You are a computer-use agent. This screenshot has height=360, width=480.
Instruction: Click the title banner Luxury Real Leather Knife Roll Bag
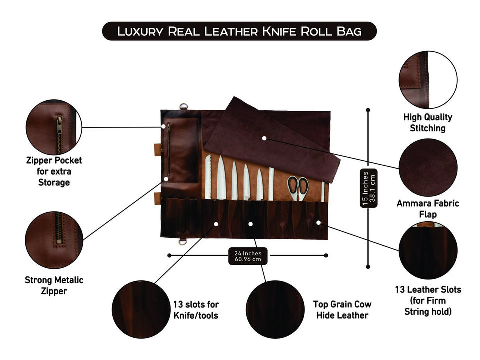click(x=239, y=31)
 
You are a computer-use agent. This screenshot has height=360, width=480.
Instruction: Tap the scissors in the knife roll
click(x=298, y=187)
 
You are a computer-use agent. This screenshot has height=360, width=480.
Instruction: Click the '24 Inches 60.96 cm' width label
click(x=248, y=256)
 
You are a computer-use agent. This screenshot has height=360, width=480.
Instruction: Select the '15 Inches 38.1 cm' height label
click(x=368, y=189)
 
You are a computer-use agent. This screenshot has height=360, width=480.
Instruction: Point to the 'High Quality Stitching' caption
click(x=427, y=122)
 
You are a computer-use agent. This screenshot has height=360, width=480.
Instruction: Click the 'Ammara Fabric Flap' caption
click(x=427, y=209)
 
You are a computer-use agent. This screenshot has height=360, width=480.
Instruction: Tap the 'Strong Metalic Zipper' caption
click(x=54, y=285)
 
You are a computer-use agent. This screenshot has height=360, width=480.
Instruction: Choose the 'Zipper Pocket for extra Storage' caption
click(x=54, y=171)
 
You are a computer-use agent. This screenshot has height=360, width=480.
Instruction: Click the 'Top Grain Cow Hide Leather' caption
click(x=342, y=309)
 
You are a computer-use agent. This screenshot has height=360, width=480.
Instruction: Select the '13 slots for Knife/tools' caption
click(x=196, y=309)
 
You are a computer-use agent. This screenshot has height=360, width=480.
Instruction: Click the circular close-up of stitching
click(x=428, y=80)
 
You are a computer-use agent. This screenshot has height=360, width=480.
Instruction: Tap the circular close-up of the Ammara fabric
click(x=428, y=167)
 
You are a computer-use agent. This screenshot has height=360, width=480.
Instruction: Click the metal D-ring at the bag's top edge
click(x=183, y=106)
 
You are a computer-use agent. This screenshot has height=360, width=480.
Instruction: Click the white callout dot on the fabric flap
click(x=264, y=137)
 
